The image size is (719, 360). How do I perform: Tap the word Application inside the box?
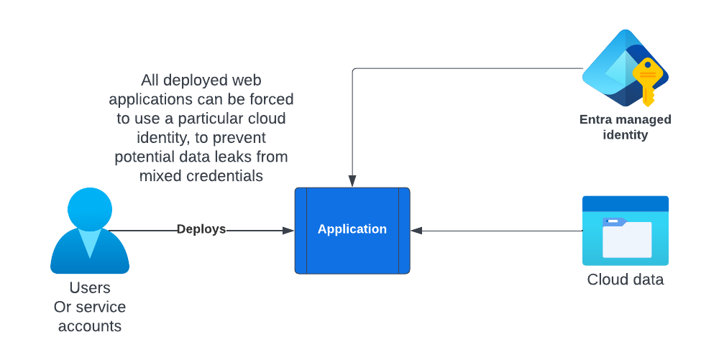[352, 229]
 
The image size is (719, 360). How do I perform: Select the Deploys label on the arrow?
[201, 229]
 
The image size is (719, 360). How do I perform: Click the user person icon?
[90, 231]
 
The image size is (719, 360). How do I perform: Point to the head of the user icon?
[90, 209]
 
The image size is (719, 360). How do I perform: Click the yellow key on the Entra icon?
[647, 79]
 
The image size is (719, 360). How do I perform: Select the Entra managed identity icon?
[624, 68]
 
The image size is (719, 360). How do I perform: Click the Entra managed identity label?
[625, 127]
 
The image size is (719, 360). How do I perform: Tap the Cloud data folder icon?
[625, 231]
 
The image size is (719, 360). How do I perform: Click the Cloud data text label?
[625, 280]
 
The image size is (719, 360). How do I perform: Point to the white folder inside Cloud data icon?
[626, 239]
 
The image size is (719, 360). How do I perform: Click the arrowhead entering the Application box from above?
[352, 182]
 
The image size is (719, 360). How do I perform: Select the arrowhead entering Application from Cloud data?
[416, 231]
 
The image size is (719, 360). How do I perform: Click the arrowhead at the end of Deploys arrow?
[288, 231]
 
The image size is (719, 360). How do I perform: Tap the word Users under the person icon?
[90, 288]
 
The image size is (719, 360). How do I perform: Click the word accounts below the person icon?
[90, 326]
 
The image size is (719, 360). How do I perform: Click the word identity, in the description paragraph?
[162, 137]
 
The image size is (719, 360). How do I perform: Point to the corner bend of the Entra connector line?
[352, 69]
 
